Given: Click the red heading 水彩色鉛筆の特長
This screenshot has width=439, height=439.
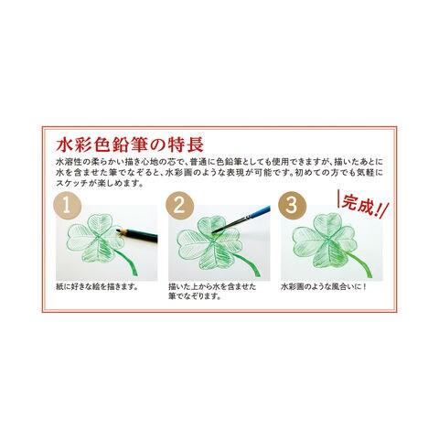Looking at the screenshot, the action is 130,145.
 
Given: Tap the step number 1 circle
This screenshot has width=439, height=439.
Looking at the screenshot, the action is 67,205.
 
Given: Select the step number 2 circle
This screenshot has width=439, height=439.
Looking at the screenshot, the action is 180,205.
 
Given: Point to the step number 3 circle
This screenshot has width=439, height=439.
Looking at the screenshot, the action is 292,205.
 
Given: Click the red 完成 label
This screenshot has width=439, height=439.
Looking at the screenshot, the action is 363,205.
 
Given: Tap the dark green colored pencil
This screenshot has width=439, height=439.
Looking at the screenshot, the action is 137,235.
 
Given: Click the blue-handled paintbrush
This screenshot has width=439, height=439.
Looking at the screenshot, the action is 241,219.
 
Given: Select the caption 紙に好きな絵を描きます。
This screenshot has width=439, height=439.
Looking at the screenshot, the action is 97,287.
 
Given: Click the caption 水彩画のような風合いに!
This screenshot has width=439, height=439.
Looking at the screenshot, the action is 323,287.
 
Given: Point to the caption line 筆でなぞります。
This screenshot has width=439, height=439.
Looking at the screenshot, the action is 195,296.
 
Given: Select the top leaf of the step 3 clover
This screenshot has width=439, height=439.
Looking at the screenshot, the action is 327,224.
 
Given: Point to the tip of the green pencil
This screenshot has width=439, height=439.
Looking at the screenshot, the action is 117,230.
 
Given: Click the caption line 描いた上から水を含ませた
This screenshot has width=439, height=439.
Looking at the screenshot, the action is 212,287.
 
